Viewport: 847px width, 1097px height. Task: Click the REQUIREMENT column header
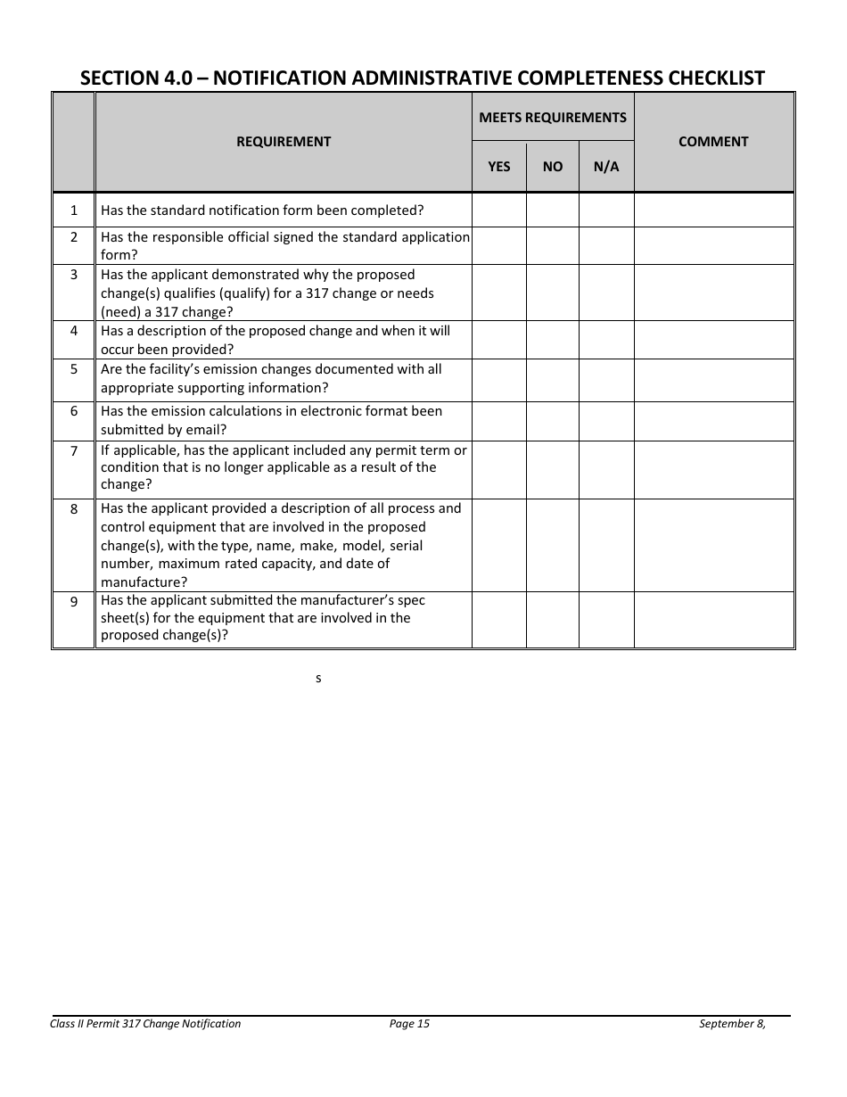283,142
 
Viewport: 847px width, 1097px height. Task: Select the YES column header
499,167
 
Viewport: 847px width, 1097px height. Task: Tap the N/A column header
606,167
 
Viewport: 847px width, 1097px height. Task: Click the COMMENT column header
713,142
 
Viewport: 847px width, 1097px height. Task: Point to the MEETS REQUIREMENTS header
553,118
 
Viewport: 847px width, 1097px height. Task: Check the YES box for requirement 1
499,210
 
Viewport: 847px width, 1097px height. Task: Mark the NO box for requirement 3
553,293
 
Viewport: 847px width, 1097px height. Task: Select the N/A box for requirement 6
606,421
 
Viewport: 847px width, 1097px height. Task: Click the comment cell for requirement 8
713,545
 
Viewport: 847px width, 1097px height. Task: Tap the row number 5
74,369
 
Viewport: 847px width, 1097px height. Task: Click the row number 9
74,602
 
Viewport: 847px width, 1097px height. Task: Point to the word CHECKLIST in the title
712,78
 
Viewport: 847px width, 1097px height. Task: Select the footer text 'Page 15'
409,1024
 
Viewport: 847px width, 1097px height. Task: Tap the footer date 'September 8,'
732,1024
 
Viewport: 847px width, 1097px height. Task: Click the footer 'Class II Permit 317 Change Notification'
145,1024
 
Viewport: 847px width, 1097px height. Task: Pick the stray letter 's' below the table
318,679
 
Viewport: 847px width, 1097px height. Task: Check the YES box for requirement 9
499,619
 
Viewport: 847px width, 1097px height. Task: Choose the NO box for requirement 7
553,469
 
